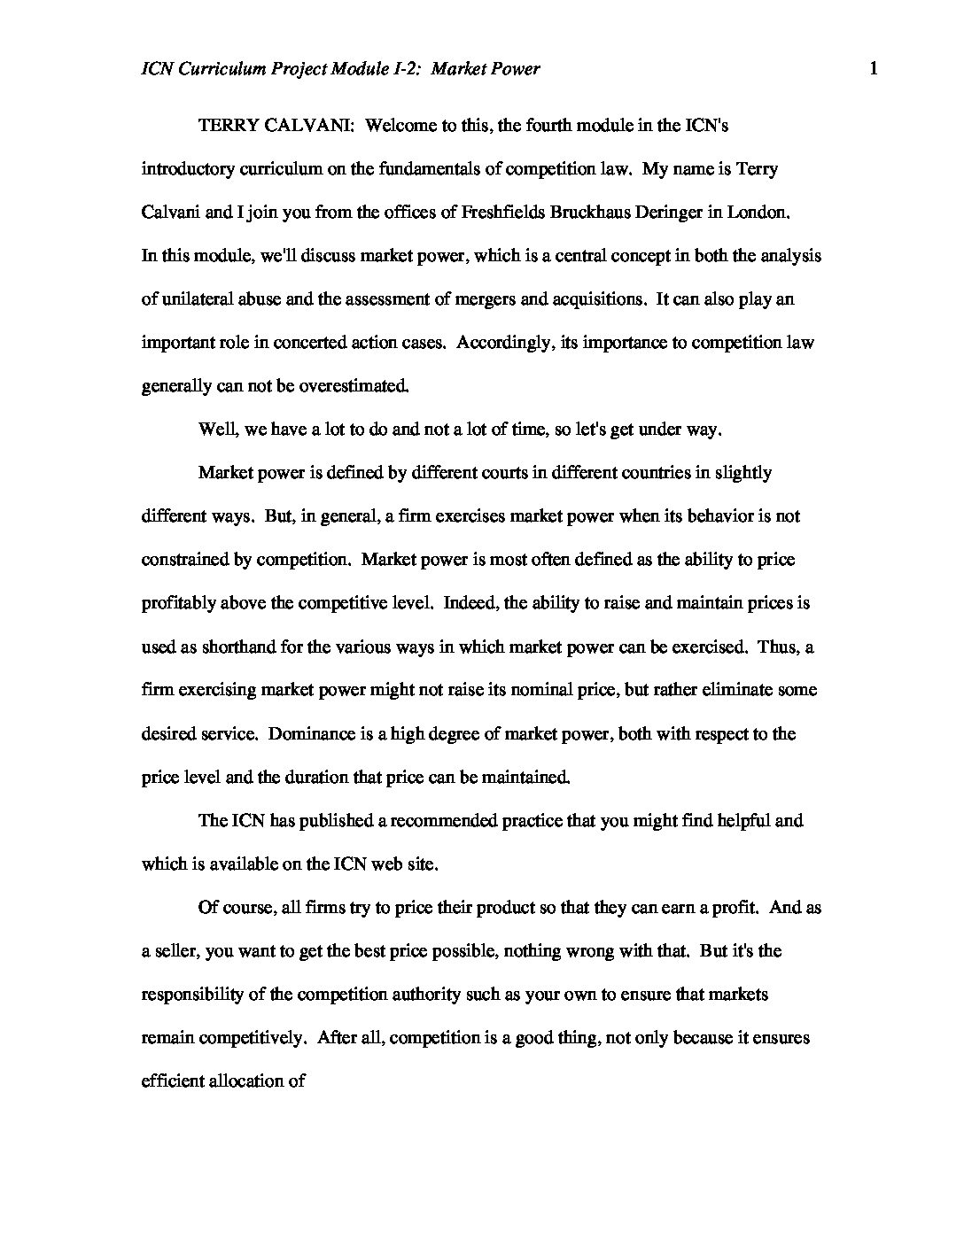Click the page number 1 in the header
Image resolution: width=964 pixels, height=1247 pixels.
point(874,68)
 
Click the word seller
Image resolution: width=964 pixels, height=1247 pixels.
point(178,951)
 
